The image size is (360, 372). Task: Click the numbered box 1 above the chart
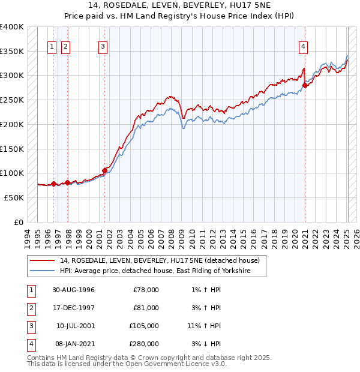pyautogui.click(x=52, y=46)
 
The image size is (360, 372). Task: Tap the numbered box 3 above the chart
pyautogui.click(x=103, y=46)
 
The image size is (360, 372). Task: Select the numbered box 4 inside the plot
pyautogui.click(x=304, y=46)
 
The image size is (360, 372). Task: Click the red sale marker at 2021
pyautogui.click(x=305, y=85)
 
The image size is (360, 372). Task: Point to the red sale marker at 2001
pyautogui.click(x=104, y=170)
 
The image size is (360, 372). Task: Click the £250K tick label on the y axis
pyautogui.click(x=13, y=100)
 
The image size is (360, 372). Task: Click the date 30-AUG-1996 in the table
pyautogui.click(x=73, y=290)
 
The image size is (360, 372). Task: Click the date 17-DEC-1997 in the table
pyautogui.click(x=73, y=308)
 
